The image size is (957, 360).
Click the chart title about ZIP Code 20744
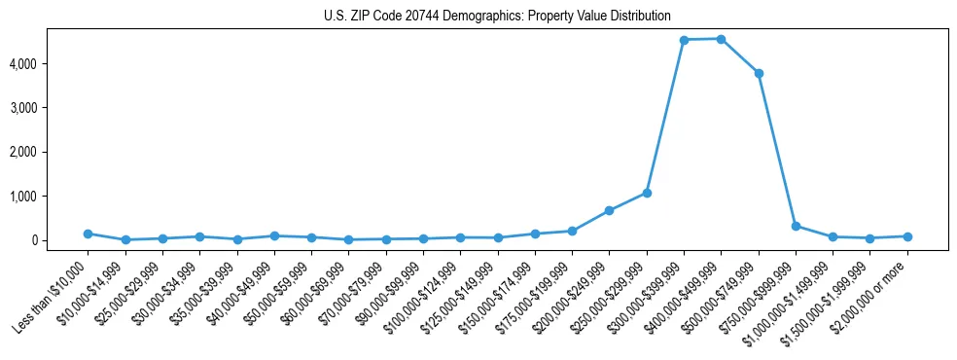coord(497,16)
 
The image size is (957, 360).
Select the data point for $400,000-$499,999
coord(721,39)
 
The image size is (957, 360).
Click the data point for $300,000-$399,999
coord(684,40)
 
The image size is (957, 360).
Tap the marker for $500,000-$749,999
coord(759,73)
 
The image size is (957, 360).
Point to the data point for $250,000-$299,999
coord(647,193)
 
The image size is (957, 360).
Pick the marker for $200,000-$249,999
coord(609,210)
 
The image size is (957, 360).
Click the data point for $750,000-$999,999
coord(796,226)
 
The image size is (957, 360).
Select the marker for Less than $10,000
coord(88,234)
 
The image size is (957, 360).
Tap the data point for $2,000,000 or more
coord(907,236)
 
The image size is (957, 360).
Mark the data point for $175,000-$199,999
coord(572,232)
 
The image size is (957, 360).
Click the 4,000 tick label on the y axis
coord(52,64)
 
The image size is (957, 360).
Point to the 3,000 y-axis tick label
coord(52,108)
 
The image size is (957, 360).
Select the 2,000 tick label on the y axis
coord(52,152)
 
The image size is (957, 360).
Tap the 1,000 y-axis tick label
coord(52,197)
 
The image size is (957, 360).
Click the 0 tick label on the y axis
coord(60,240)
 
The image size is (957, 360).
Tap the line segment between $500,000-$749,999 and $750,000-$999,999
coord(777,150)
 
